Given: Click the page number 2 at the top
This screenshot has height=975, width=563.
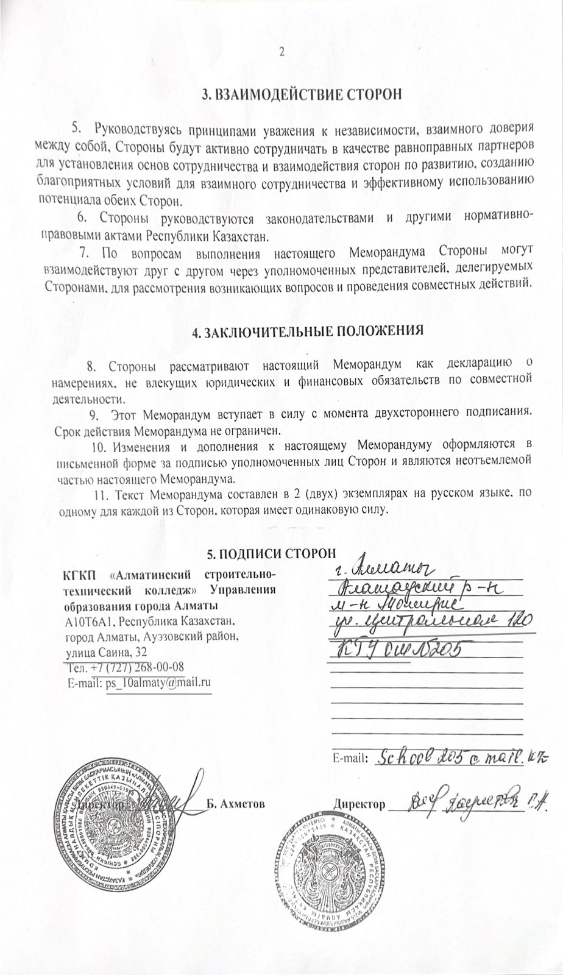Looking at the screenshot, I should click(281, 52).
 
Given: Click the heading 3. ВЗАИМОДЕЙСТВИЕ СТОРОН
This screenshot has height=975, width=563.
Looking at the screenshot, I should click(303, 94).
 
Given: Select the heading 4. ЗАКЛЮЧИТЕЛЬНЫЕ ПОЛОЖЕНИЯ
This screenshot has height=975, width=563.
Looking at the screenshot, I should click(307, 333).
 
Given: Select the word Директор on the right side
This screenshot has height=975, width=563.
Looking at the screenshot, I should click(359, 804).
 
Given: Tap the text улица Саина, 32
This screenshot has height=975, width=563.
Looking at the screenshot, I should click(105, 651).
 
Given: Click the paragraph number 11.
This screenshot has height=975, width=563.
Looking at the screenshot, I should click(100, 492).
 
